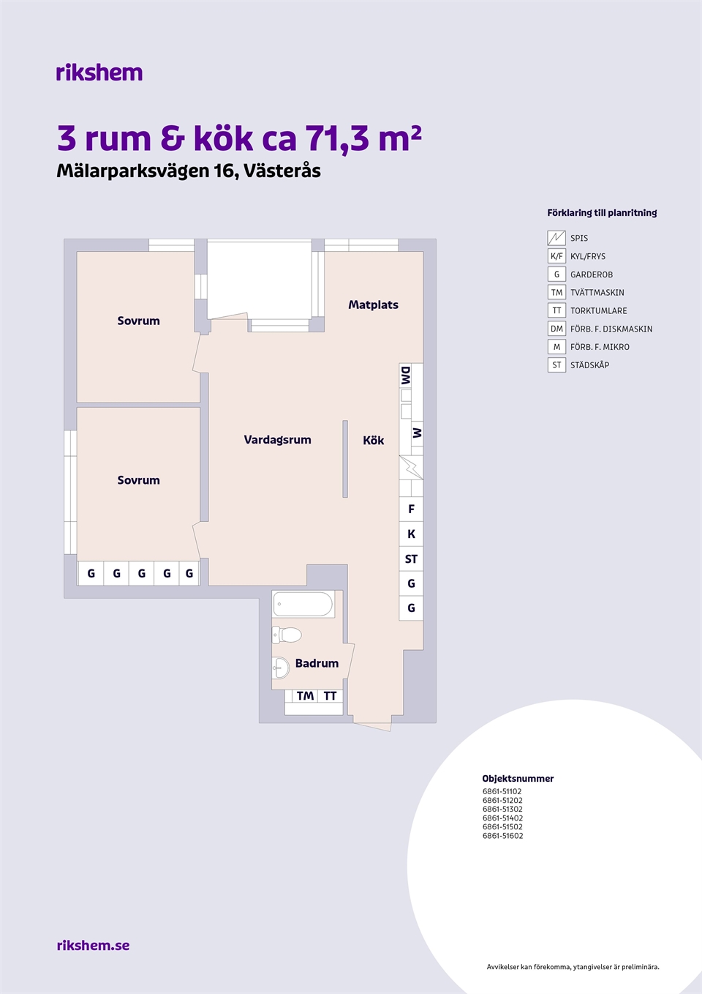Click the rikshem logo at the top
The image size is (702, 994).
click(x=99, y=72)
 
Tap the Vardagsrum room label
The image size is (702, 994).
click(x=277, y=440)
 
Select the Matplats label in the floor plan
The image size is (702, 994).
click(x=373, y=304)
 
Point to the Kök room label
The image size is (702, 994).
click(x=373, y=440)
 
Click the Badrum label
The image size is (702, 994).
click(x=317, y=663)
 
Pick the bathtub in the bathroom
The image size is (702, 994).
click(x=303, y=604)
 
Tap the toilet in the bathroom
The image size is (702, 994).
click(x=287, y=635)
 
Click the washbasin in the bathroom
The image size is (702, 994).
click(x=280, y=668)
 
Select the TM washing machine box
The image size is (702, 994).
click(x=306, y=696)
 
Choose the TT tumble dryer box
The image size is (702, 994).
click(x=331, y=696)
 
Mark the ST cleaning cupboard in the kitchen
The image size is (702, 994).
click(x=411, y=558)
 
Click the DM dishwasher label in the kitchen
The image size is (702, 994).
click(x=406, y=375)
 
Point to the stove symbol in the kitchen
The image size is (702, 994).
click(x=411, y=467)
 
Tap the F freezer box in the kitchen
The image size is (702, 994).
click(x=411, y=509)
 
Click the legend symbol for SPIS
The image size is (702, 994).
click(x=556, y=238)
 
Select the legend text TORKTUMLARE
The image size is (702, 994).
click(x=599, y=310)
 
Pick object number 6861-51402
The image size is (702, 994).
click(x=502, y=818)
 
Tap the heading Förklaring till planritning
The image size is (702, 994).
click(x=602, y=212)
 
